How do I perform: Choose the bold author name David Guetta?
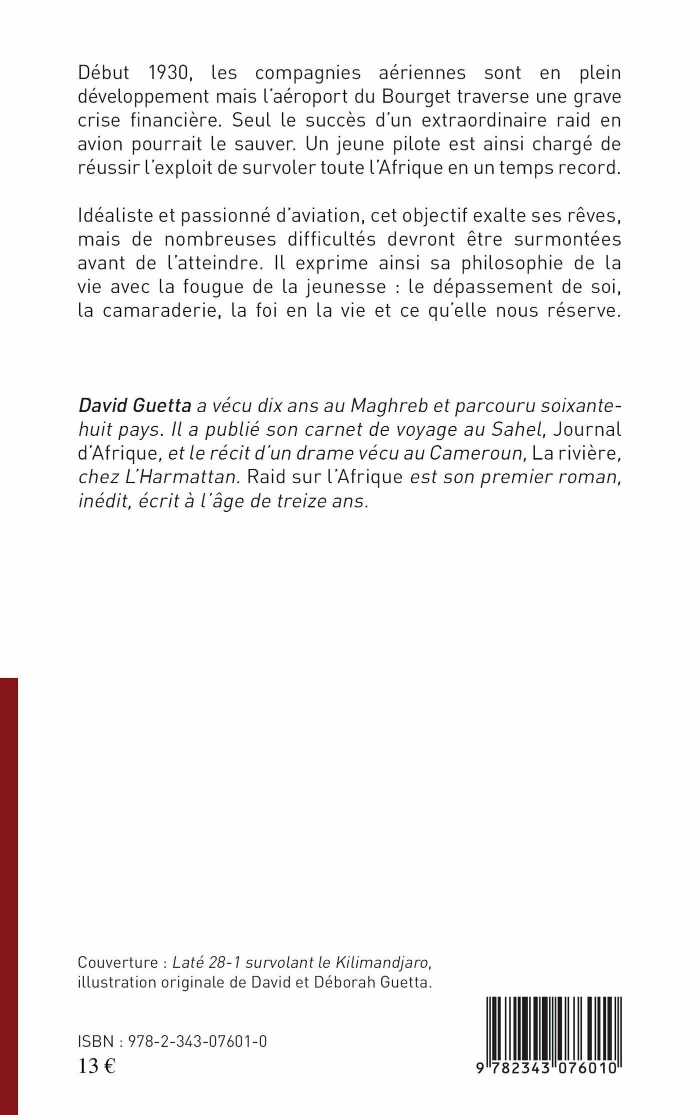coord(134,406)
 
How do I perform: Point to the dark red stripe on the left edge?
coord(8,895)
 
